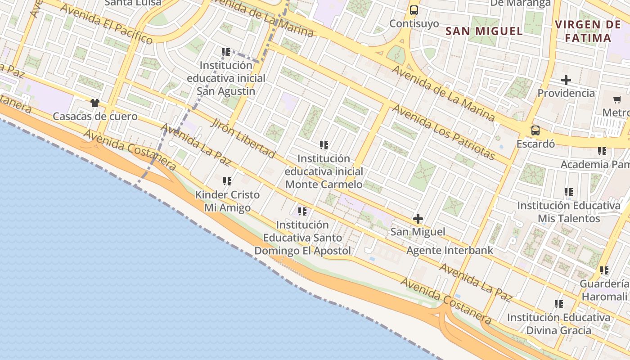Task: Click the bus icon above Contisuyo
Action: pos(414,10)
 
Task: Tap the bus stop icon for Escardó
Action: pos(535,130)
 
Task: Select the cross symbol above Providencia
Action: pos(566,80)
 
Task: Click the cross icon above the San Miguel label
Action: pos(418,219)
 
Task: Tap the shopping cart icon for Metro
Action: pos(617,99)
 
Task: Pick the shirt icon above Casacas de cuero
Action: pos(94,103)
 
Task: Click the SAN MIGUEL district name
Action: pos(484,31)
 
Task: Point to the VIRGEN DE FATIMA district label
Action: pos(588,31)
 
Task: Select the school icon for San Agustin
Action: pos(226,52)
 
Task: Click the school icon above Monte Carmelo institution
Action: pos(324,145)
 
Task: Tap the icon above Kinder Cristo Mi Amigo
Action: pos(227,181)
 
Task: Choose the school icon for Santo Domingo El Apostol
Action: pos(302,211)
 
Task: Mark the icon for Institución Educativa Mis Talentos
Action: pos(569,192)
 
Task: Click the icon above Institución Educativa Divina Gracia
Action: pos(558,304)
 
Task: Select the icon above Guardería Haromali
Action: pos(604,270)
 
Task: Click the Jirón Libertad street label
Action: pos(243,139)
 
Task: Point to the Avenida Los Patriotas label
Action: pos(443,132)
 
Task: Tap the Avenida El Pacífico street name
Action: pos(106,24)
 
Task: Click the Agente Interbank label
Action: pos(450,250)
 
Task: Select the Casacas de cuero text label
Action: pos(95,117)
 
